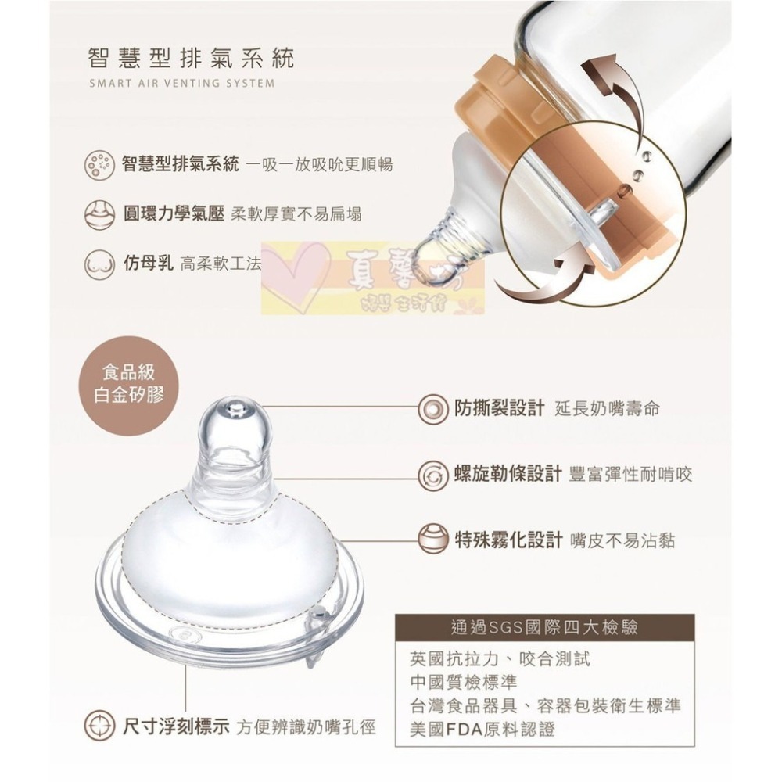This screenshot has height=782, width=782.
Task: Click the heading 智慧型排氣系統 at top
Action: pyautogui.click(x=192, y=58)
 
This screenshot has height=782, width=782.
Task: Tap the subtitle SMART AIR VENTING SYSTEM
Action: pyautogui.click(x=181, y=83)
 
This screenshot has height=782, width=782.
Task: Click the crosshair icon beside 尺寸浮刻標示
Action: pyautogui.click(x=99, y=726)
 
